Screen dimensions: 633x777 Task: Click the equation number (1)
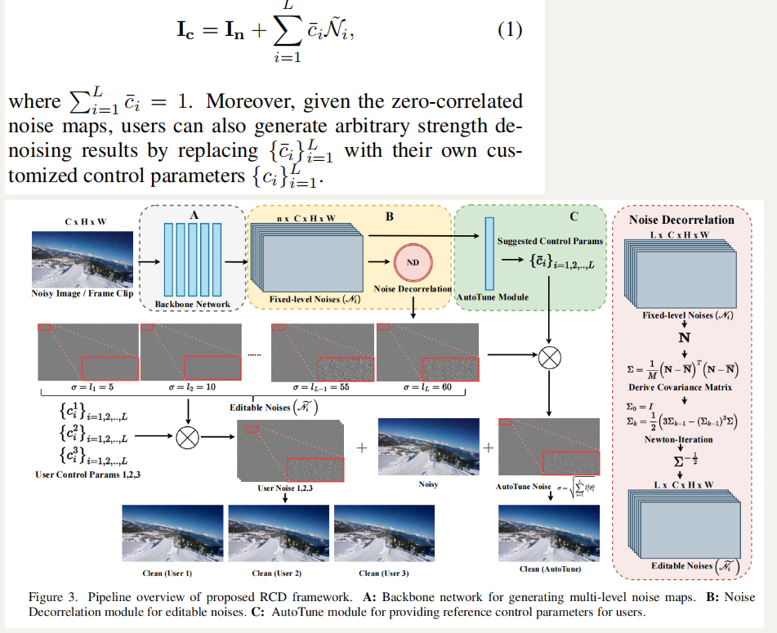509,31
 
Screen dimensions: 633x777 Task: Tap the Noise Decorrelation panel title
681,220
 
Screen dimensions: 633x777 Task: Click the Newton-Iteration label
679,439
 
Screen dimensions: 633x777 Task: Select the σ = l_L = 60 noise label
426,387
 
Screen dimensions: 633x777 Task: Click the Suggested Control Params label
550,241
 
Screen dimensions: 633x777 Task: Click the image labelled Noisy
428,447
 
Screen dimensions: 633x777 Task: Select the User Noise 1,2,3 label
287,489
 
